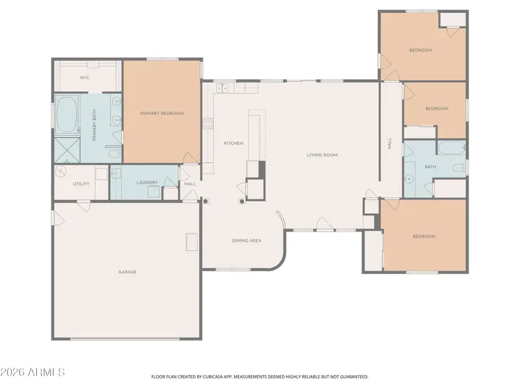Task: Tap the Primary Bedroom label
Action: click(x=162, y=113)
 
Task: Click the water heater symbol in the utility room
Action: click(x=61, y=172)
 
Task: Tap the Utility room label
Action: click(x=81, y=184)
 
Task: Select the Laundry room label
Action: click(x=147, y=183)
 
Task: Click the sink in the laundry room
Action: click(x=114, y=172)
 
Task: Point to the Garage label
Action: click(x=127, y=272)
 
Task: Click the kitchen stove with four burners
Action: click(x=207, y=124)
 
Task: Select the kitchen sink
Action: click(x=222, y=88)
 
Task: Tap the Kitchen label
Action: click(x=233, y=143)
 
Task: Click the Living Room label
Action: click(x=322, y=155)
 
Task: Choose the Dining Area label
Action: click(x=247, y=240)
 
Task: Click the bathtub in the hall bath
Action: click(x=451, y=148)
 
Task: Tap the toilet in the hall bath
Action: click(x=459, y=168)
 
